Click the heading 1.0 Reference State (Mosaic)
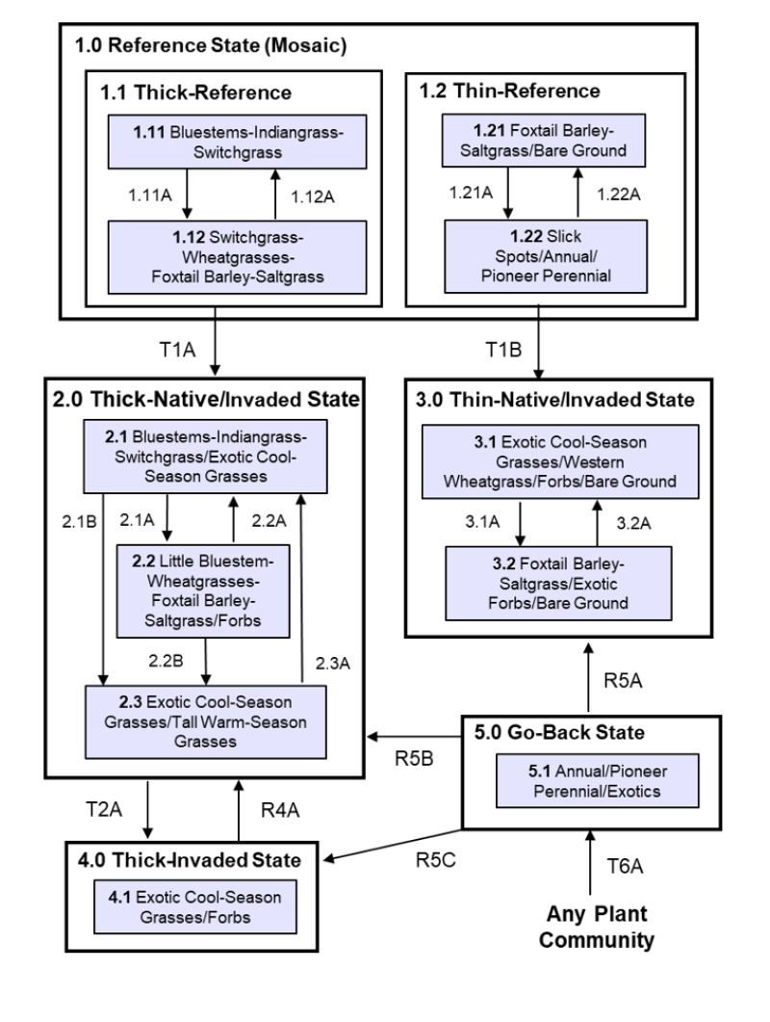(211, 44)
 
